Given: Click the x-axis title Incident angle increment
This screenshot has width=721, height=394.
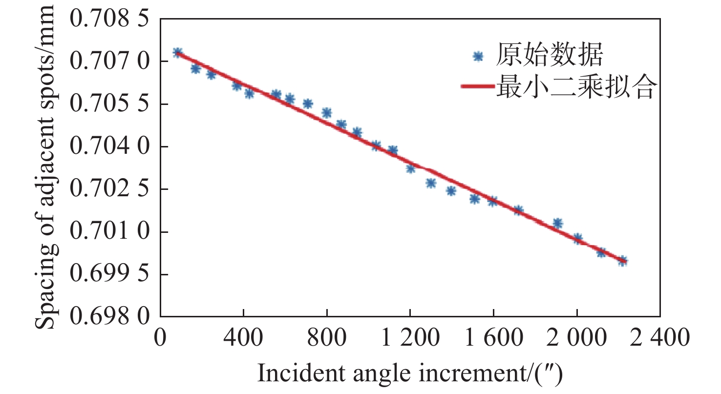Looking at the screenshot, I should pyautogui.click(x=410, y=374).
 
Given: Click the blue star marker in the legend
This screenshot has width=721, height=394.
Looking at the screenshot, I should pyautogui.click(x=478, y=57).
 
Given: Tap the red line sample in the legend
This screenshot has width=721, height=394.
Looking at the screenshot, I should pyautogui.click(x=477, y=86).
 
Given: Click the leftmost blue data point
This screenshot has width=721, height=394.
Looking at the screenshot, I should pyautogui.click(x=177, y=53).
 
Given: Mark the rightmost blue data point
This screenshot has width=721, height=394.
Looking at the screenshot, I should pyautogui.click(x=622, y=261).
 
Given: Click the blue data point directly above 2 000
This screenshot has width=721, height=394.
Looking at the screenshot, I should pyautogui.click(x=577, y=239).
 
